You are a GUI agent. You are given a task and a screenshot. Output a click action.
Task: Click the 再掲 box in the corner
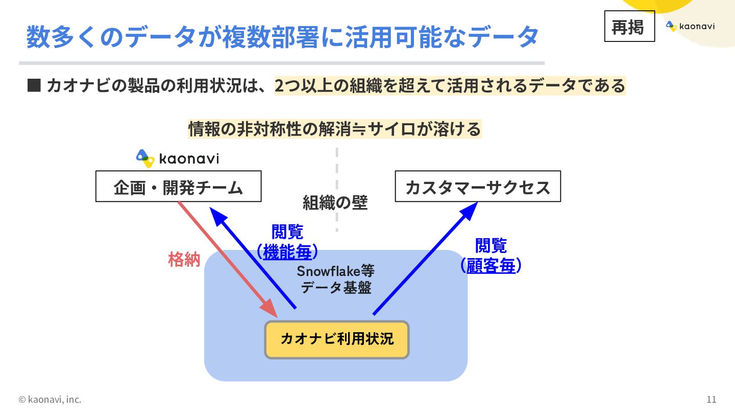(629, 27)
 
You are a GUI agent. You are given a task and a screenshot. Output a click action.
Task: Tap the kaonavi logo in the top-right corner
(690, 26)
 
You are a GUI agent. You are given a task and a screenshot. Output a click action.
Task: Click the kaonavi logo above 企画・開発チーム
(178, 158)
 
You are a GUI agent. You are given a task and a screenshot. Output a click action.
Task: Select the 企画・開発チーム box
(178, 187)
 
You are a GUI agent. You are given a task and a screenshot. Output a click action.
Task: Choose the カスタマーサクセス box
(478, 187)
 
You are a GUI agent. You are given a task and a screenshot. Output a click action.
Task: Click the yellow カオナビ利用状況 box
(337, 339)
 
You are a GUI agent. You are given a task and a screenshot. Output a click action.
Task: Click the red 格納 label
(184, 260)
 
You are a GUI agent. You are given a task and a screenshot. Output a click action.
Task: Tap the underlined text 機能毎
(287, 251)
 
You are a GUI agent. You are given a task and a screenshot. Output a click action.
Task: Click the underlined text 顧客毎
(491, 265)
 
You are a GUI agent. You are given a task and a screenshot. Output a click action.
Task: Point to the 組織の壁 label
(335, 203)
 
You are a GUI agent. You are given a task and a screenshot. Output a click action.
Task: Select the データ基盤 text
(335, 287)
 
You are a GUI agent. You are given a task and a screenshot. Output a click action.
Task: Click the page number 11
(712, 399)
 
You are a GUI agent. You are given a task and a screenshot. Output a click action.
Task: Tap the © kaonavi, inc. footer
(50, 399)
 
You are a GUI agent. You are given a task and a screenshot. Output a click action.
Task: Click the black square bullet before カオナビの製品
(33, 85)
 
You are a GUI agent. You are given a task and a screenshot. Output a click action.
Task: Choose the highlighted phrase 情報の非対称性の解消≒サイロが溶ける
(334, 129)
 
